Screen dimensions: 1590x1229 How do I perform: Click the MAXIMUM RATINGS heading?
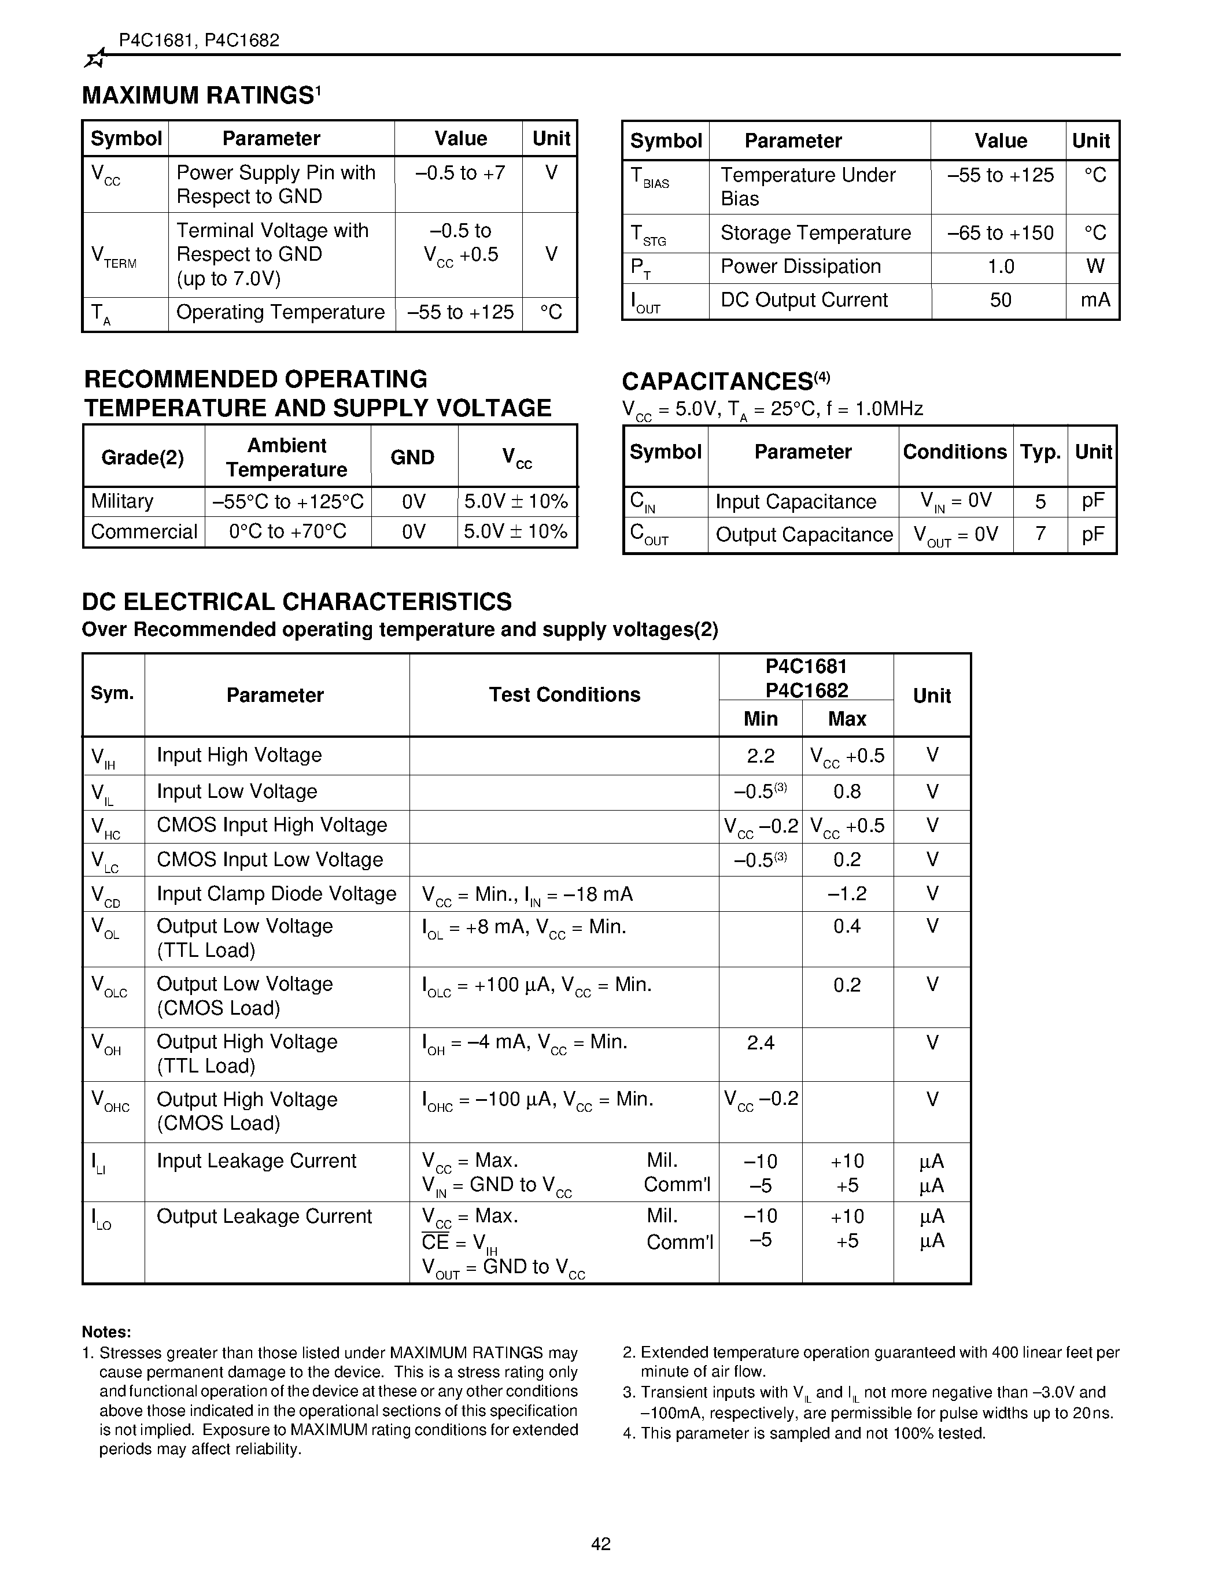coord(200,95)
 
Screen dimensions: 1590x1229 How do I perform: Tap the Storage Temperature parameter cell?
coord(815,233)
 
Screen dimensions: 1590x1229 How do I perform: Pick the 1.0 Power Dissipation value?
coord(1001,267)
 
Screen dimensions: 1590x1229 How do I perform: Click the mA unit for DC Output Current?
coord(1094,300)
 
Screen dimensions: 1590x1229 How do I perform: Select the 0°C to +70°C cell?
coord(287,532)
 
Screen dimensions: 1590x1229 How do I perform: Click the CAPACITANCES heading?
coord(717,382)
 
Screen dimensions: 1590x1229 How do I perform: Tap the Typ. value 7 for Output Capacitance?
coord(1040,535)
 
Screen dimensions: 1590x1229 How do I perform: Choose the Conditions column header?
coord(954,452)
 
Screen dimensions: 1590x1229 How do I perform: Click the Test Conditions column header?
coord(564,694)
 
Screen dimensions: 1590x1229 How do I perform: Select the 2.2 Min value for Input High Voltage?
coord(760,756)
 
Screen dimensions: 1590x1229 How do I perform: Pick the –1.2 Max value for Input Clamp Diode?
coord(847,894)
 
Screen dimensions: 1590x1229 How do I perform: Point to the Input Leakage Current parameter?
coord(256,1161)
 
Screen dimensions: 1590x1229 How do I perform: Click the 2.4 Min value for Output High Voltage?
coord(760,1043)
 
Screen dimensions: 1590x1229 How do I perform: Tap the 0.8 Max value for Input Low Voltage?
coord(847,792)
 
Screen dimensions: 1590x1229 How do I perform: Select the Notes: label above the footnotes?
coord(106,1332)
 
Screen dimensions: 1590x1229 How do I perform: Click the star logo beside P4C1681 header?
coord(95,59)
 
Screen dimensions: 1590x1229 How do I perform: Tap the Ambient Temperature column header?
coord(287,457)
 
